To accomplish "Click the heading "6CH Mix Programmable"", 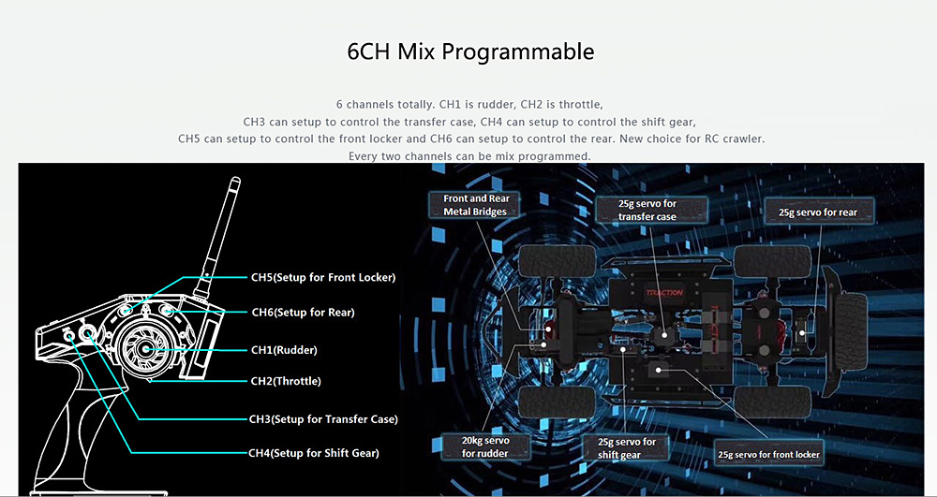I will coord(469,51).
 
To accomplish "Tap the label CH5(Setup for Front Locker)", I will coord(322,277).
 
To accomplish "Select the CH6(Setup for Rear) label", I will coord(303,312).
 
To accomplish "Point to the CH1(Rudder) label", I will coord(284,350).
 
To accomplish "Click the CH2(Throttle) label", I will coord(286,381).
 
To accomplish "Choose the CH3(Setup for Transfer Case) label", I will coord(323,419).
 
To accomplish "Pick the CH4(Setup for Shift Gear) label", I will coord(313,453).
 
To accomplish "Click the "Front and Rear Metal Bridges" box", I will coord(475,205).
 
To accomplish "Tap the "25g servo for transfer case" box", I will coord(647,210).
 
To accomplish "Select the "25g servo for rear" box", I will coord(817,212).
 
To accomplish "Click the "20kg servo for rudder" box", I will coord(484,446).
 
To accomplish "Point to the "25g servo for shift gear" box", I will coord(618,447).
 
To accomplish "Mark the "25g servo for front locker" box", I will coord(768,454).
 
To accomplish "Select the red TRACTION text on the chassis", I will coord(664,293).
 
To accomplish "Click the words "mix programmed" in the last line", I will coord(542,155).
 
